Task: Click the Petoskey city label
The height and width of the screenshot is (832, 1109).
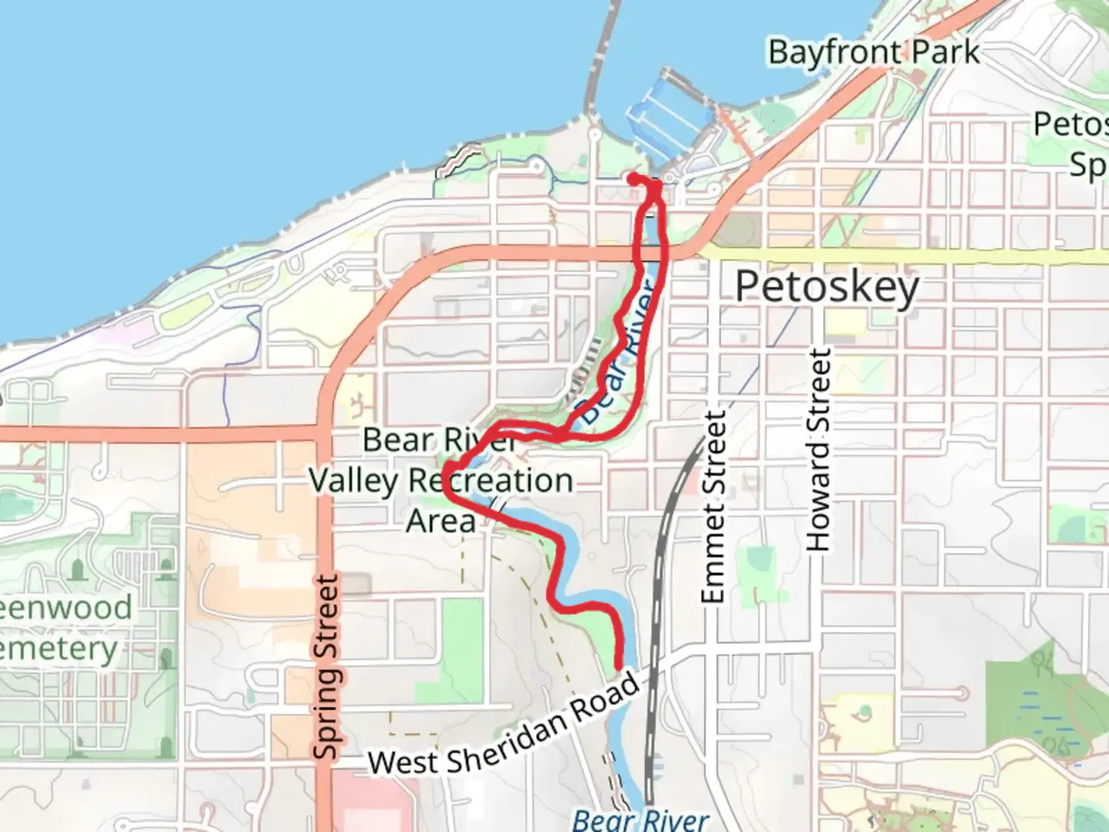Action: (x=826, y=287)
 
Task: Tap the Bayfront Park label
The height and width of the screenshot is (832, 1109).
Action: (x=873, y=53)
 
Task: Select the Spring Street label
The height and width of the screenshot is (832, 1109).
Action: (x=327, y=666)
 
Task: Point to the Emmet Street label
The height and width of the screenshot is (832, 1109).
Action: (x=713, y=507)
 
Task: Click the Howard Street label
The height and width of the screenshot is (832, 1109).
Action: (x=819, y=450)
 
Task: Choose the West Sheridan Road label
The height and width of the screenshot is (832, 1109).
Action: (x=504, y=726)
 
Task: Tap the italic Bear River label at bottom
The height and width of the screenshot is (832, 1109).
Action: (x=640, y=819)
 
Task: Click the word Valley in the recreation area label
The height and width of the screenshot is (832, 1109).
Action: (x=353, y=481)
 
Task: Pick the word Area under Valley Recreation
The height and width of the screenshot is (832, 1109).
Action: (x=441, y=522)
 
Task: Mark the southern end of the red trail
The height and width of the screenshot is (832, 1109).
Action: (x=618, y=667)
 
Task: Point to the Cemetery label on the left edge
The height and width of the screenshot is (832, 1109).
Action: (x=58, y=649)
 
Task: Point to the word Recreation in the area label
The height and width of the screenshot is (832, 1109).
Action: (x=491, y=481)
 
